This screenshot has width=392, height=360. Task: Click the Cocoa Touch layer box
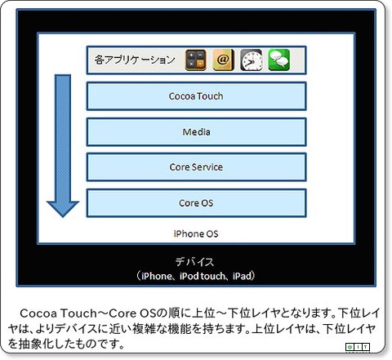pos(196,96)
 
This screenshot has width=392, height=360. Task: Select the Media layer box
pos(196,132)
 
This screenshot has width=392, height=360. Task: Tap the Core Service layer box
pos(196,167)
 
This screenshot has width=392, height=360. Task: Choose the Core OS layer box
pos(196,203)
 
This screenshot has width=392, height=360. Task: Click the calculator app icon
pos(195,60)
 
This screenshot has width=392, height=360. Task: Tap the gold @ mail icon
pos(223,60)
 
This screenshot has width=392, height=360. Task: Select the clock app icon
pos(252,60)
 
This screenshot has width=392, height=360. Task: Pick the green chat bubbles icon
pos(279,60)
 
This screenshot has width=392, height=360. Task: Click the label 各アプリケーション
pos(135,60)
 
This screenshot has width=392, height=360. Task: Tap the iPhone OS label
pos(196,233)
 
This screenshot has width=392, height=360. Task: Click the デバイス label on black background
pos(194,262)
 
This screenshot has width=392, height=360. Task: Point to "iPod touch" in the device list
pos(202,276)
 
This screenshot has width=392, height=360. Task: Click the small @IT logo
pos(358,347)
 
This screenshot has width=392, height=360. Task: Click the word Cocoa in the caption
pos(38,313)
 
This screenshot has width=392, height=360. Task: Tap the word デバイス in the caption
pos(76,329)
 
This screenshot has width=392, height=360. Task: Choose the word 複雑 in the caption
pos(144,329)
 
